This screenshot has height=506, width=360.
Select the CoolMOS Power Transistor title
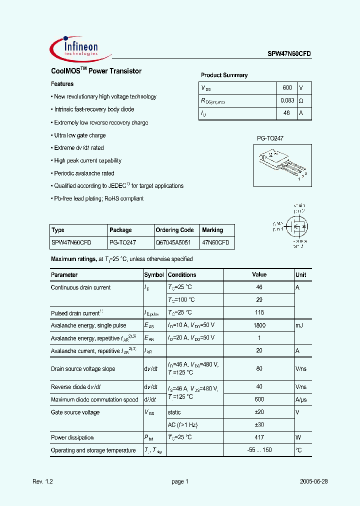coord(96,71)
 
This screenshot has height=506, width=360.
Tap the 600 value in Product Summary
coord(287,87)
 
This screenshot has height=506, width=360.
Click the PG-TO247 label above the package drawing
coord(270,138)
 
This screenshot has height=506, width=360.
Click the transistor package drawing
coord(281,165)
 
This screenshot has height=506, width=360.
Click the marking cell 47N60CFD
coord(216,242)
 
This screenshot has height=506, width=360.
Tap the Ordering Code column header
coord(174,230)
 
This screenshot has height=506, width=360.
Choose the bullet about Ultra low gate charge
coord(79,135)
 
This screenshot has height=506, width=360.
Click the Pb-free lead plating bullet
coord(98,198)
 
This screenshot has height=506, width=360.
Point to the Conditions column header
coord(182,275)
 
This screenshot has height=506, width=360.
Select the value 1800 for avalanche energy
coord(259,325)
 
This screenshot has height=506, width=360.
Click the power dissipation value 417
coord(259,437)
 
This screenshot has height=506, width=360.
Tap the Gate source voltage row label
coord(75,412)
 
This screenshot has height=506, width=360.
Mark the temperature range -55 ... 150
coord(259,450)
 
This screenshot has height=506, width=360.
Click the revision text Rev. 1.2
coord(42,481)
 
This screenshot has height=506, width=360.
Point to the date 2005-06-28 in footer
coord(313,481)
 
